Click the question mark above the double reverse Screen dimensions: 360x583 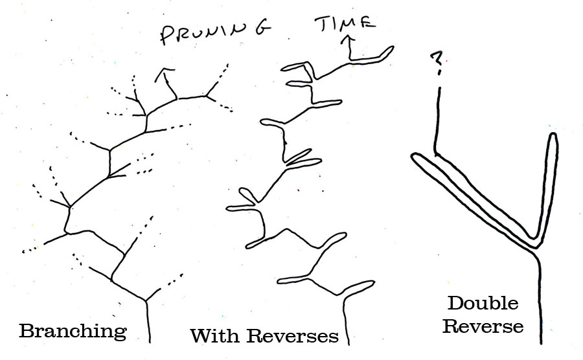coord(438,63)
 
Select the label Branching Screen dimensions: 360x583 coord(73,332)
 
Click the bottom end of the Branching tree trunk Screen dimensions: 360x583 coord(150,341)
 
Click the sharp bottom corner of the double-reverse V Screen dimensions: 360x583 coord(535,245)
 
